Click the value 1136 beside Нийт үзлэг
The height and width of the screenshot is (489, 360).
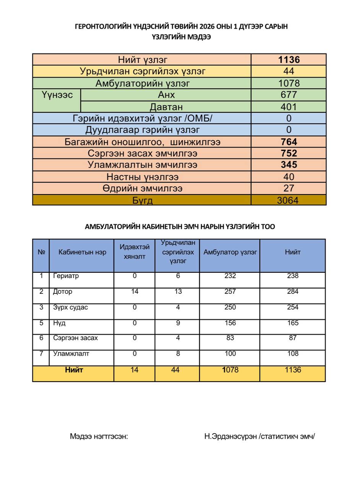pyautogui.click(x=289, y=60)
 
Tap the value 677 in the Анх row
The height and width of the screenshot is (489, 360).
pyautogui.click(x=289, y=95)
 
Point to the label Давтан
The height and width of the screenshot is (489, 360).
pyautogui.click(x=166, y=107)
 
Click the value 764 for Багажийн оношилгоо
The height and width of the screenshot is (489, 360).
pyautogui.click(x=289, y=142)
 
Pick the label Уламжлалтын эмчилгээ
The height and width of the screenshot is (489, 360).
pyautogui.click(x=142, y=165)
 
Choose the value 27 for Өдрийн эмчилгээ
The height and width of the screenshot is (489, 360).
pyautogui.click(x=289, y=188)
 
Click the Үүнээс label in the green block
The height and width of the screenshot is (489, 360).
pyautogui.click(x=57, y=95)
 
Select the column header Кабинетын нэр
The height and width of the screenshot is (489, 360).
pyautogui.click(x=82, y=252)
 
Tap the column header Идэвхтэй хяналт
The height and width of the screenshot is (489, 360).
pyautogui.click(x=135, y=252)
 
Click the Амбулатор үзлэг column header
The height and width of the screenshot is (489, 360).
pyautogui.click(x=230, y=252)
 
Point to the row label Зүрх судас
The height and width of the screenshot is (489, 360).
pyautogui.click(x=70, y=307)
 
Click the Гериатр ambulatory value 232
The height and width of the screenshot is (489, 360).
pyautogui.click(x=230, y=276)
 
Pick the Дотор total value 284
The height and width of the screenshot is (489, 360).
pyautogui.click(x=292, y=291)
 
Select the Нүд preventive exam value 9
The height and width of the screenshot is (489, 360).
pyautogui.click(x=178, y=323)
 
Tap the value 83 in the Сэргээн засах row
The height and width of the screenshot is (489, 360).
pyautogui.click(x=230, y=338)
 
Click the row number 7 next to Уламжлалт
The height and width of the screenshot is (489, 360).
pyautogui.click(x=41, y=353)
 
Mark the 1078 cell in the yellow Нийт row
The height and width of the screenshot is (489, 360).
pyautogui.click(x=230, y=370)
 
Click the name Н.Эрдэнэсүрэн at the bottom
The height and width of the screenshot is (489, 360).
pyautogui.click(x=230, y=436)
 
